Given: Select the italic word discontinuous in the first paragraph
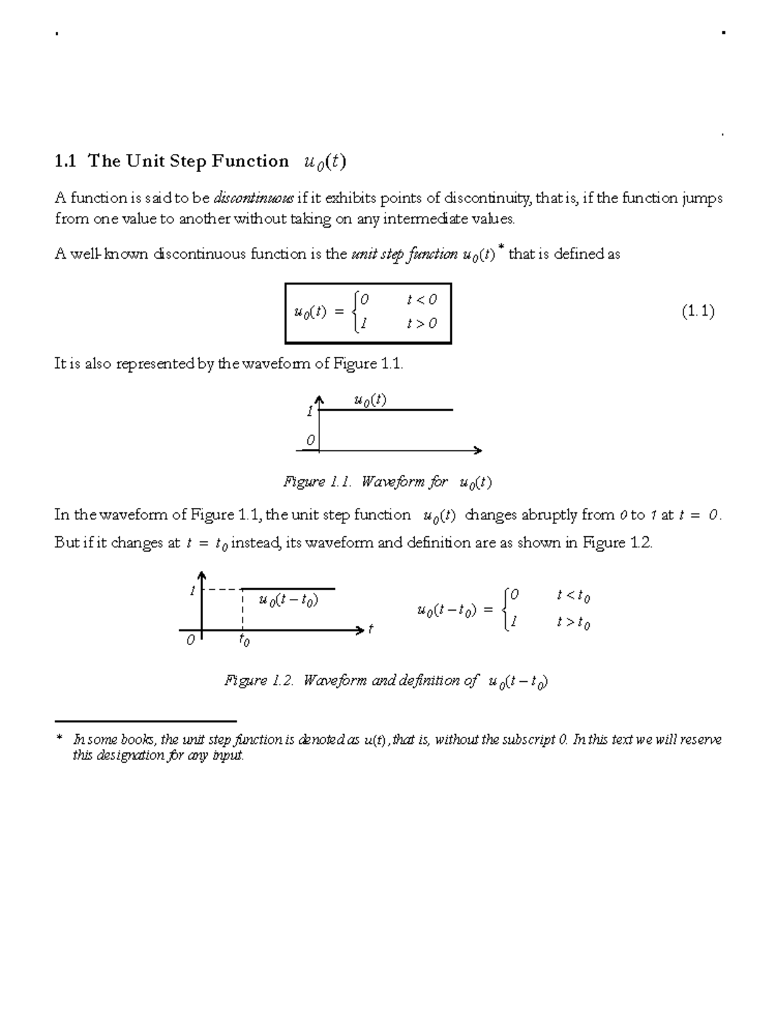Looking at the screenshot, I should point(253,198).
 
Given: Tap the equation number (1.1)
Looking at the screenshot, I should point(698,312).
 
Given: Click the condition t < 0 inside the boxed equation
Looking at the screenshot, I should point(422,300).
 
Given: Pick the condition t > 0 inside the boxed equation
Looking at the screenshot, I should point(422,323).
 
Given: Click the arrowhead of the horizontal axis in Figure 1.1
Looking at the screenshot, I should point(478,450).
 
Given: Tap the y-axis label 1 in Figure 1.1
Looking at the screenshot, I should point(310,411).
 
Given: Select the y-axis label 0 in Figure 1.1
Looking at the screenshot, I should point(310,441).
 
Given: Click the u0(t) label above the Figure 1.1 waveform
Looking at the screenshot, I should point(370,400).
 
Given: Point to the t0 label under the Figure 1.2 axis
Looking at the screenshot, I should point(244,640).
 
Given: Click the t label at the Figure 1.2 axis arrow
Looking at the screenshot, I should point(371,629).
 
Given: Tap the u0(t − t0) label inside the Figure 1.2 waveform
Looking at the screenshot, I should point(288,600).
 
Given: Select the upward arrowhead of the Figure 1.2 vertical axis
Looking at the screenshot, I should point(202,576).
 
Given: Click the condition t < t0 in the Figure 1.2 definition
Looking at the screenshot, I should point(573,596).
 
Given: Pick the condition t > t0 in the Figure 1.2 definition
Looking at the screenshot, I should point(573,623).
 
